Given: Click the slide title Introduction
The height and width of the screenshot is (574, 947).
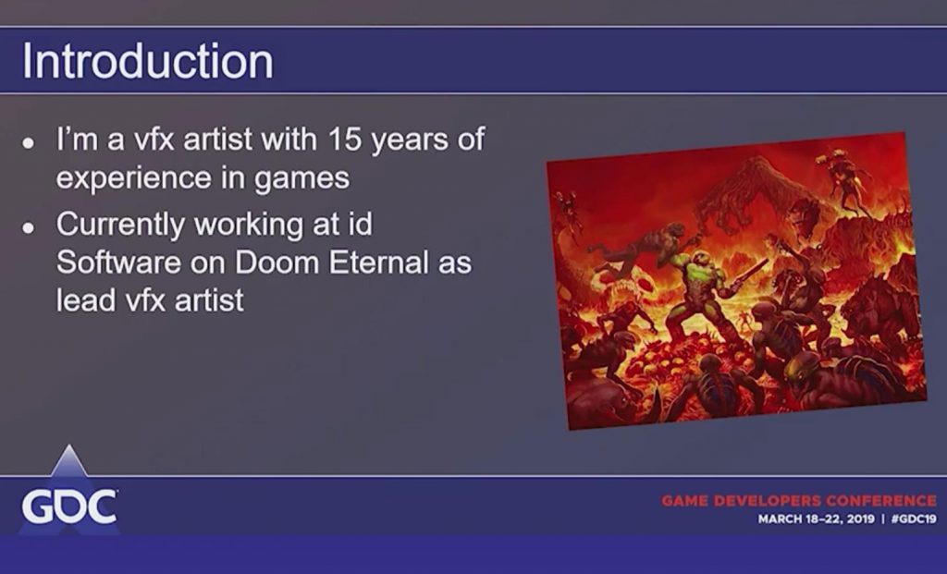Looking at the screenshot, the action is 147,61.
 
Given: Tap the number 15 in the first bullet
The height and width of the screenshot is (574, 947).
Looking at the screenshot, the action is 345,139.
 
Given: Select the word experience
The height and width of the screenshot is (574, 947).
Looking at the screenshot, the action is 134,178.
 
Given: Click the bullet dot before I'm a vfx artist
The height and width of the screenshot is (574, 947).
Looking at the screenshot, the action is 28,143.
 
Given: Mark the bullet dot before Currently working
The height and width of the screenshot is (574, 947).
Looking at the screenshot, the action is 28,227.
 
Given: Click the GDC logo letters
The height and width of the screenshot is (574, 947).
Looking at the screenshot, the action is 69,506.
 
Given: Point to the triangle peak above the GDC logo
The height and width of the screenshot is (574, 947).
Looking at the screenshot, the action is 68,446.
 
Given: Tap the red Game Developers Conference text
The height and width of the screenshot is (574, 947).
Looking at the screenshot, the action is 798,500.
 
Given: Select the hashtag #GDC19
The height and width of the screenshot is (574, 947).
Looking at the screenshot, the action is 914,519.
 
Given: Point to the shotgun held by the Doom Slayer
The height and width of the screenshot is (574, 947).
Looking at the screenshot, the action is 747,275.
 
